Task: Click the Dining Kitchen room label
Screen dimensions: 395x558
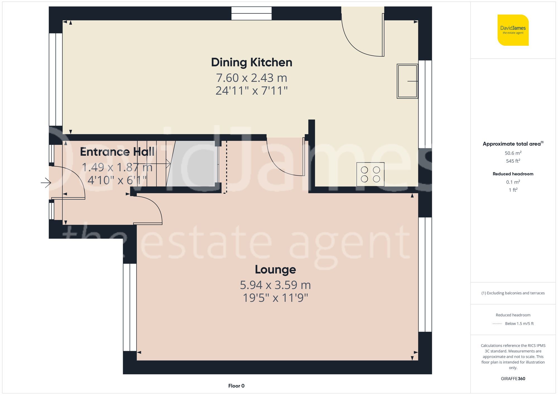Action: [251, 62]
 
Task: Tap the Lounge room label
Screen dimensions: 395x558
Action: [275, 269]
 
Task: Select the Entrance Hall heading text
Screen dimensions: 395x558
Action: [117, 152]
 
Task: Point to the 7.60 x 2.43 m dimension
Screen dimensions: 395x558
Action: [251, 78]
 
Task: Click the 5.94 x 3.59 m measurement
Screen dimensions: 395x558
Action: [275, 285]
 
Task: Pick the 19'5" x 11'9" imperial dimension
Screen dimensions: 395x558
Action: [275, 298]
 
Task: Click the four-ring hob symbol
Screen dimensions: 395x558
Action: [370, 174]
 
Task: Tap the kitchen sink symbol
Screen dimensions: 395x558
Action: [407, 81]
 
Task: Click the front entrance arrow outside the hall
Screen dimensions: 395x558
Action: [46, 183]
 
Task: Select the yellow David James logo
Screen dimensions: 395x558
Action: [513, 30]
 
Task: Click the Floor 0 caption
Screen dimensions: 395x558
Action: [236, 386]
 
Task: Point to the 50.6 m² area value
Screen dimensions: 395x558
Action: [513, 153]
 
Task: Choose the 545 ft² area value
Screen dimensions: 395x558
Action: [513, 161]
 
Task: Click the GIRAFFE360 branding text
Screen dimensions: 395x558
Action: [513, 379]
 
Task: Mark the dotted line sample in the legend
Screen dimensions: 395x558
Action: [497, 324]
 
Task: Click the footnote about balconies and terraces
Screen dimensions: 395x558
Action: [513, 293]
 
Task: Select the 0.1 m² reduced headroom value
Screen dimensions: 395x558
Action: [513, 182]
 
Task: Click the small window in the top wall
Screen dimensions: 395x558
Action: [251, 13]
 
